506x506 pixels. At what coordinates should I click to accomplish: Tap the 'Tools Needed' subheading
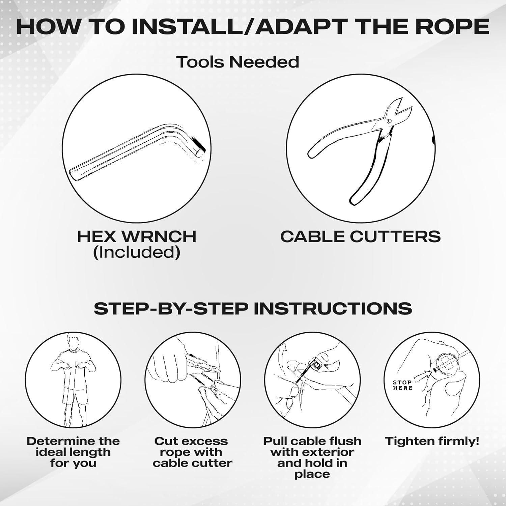pos(238,62)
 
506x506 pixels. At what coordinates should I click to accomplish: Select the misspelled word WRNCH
pos(159,236)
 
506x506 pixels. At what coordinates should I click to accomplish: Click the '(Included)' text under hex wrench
pos(136,252)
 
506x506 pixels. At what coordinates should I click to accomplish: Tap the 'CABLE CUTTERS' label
pos(360,236)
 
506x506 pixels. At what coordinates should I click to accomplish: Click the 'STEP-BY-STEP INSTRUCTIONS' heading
pos(253,308)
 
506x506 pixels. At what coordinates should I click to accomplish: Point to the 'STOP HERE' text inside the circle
pos(402,385)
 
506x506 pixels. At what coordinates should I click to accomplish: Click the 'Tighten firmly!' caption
pos(432,441)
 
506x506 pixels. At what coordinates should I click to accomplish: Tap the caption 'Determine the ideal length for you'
pos(73,452)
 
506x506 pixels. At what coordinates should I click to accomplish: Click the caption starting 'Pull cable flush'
pos(312,457)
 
